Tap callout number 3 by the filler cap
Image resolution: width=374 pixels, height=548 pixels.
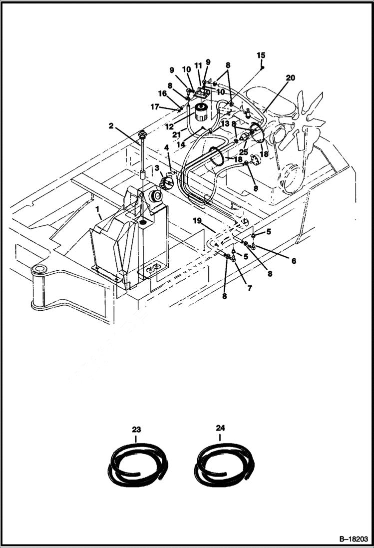point(156,168)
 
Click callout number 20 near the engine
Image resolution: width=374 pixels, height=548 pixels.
point(291,77)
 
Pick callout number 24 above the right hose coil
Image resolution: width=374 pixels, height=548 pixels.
point(221,429)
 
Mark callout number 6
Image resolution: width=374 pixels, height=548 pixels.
point(294,261)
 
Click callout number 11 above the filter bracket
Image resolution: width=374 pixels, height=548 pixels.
point(198,65)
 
